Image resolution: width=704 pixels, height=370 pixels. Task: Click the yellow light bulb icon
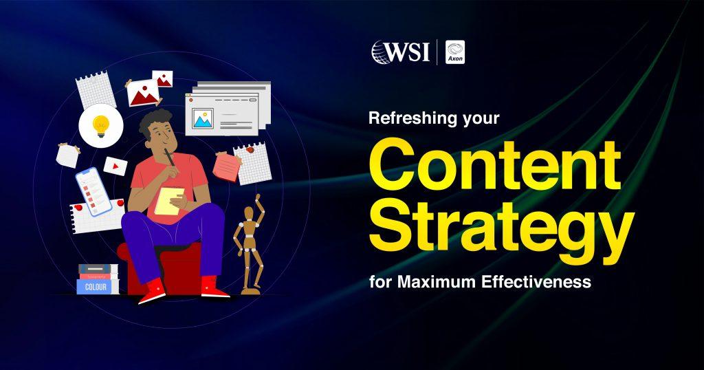pyautogui.click(x=100, y=125)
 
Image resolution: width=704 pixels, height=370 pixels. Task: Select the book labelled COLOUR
pyautogui.click(x=96, y=286)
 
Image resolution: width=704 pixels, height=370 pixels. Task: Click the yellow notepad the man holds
pyautogui.click(x=169, y=200)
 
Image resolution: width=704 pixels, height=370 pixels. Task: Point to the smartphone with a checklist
pyautogui.click(x=93, y=191)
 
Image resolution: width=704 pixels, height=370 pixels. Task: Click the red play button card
pyautogui.click(x=114, y=166)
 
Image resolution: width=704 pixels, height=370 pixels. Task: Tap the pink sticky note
pyautogui.click(x=226, y=166)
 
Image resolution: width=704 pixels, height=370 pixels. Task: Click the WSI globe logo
pyautogui.click(x=382, y=52)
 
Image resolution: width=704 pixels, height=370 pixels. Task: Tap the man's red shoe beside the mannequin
pyautogui.click(x=216, y=288)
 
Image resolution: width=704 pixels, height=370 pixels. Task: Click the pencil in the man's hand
pyautogui.click(x=167, y=157)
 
